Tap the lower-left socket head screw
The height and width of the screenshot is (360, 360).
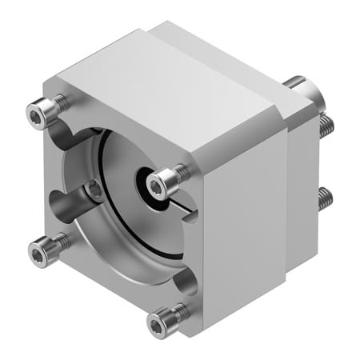(40, 252)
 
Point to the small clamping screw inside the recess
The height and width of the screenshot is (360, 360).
(95, 190)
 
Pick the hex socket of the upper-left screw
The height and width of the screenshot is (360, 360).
(35, 118)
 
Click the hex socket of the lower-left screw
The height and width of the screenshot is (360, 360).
(35, 253)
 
